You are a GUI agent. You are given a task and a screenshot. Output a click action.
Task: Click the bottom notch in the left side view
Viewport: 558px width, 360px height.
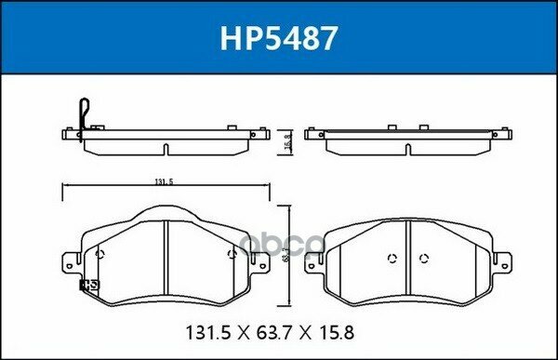tap(165, 149)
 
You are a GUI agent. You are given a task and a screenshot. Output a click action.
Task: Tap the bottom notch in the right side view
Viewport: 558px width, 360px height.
tap(407, 149)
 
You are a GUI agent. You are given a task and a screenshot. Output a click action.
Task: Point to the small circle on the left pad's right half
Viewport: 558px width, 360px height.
tap(230, 254)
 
